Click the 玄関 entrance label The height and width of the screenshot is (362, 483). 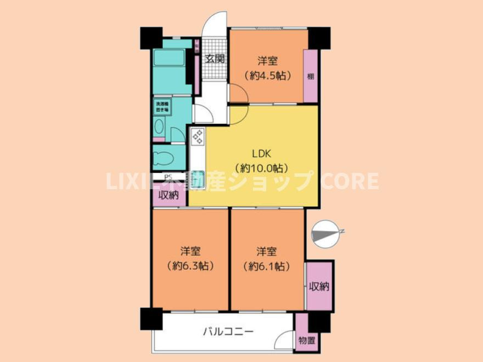[215, 59]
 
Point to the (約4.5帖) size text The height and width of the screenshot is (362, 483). [267, 76]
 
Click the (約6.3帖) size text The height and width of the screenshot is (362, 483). [190, 266]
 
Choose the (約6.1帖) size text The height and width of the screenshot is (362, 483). [266, 266]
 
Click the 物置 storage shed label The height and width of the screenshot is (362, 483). [307, 341]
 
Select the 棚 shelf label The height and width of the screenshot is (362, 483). [311, 76]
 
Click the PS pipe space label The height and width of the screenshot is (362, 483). [167, 177]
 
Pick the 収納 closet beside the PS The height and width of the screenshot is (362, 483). [169, 196]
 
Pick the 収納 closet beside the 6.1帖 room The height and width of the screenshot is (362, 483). [319, 286]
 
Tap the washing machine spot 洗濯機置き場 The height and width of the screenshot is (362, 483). [162, 106]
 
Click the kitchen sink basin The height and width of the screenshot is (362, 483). [196, 161]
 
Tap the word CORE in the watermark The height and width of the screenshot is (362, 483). [350, 181]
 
